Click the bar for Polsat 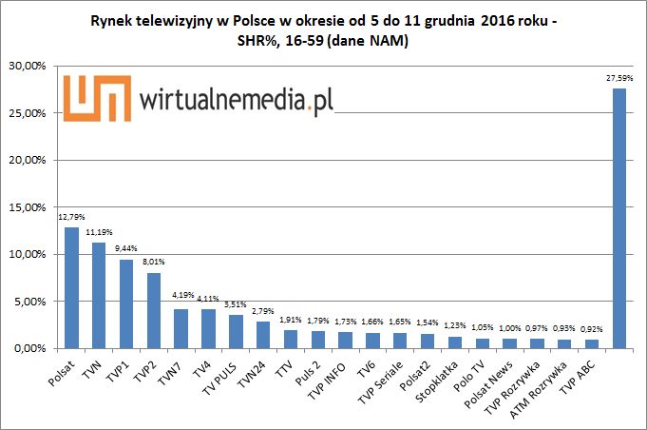coord(71,288)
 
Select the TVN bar coord(99,296)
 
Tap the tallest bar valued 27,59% coord(618,219)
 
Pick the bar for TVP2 coord(154,311)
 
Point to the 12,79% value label coord(70,218)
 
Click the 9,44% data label coord(126,249)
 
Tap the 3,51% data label coord(236,304)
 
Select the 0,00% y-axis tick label coord(33,348)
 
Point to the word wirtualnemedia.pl coord(237,99)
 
